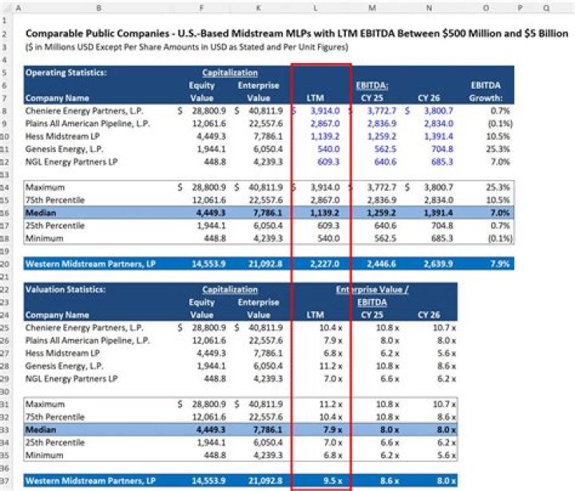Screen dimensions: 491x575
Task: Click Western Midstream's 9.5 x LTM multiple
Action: [x=330, y=481]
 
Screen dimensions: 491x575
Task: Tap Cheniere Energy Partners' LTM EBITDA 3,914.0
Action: [x=324, y=110]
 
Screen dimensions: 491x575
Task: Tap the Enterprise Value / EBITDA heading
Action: [x=372, y=295]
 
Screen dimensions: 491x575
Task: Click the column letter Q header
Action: [x=546, y=7]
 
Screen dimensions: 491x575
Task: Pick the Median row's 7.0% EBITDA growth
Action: [x=499, y=213]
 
